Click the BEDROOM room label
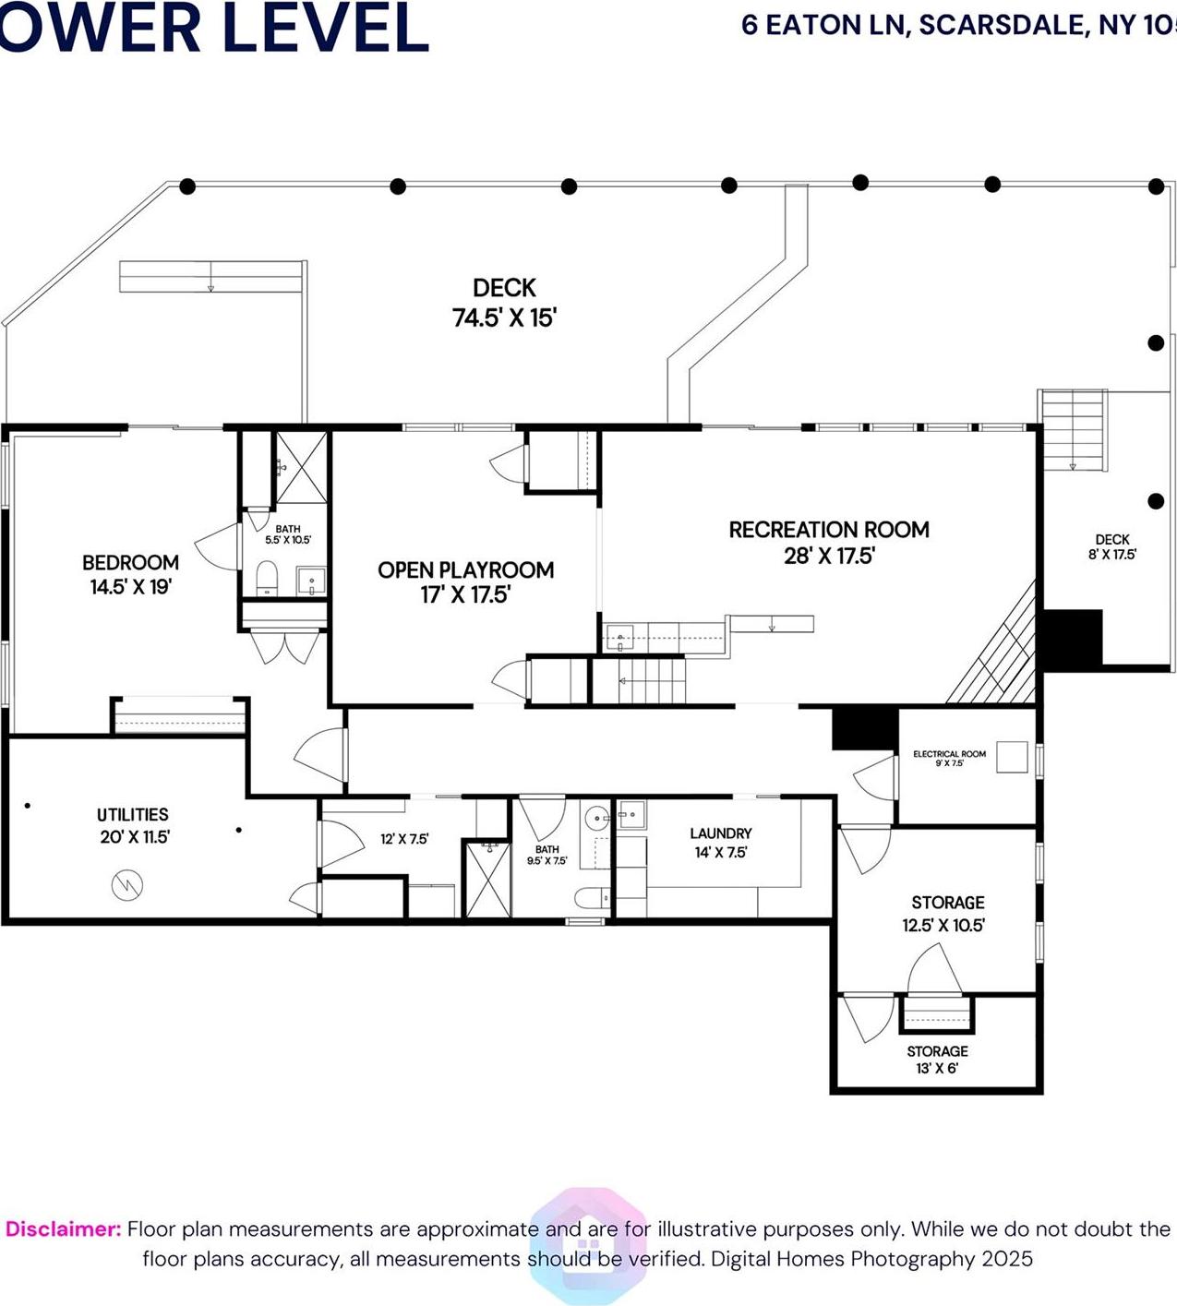click(130, 562)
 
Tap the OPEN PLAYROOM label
click(465, 569)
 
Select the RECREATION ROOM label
click(828, 530)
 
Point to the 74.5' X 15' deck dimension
click(504, 318)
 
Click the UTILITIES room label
click(133, 814)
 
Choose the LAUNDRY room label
click(720, 833)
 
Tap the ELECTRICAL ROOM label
click(949, 754)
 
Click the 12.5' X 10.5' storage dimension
click(943, 925)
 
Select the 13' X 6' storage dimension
click(937, 1069)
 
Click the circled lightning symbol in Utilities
click(126, 885)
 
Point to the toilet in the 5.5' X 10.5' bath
click(266, 578)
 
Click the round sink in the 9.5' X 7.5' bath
click(596, 818)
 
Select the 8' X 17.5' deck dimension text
click(1111, 555)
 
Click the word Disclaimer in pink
click(63, 1229)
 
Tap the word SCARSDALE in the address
click(1003, 25)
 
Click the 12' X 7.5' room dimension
click(404, 839)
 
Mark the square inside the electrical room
click(1013, 757)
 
